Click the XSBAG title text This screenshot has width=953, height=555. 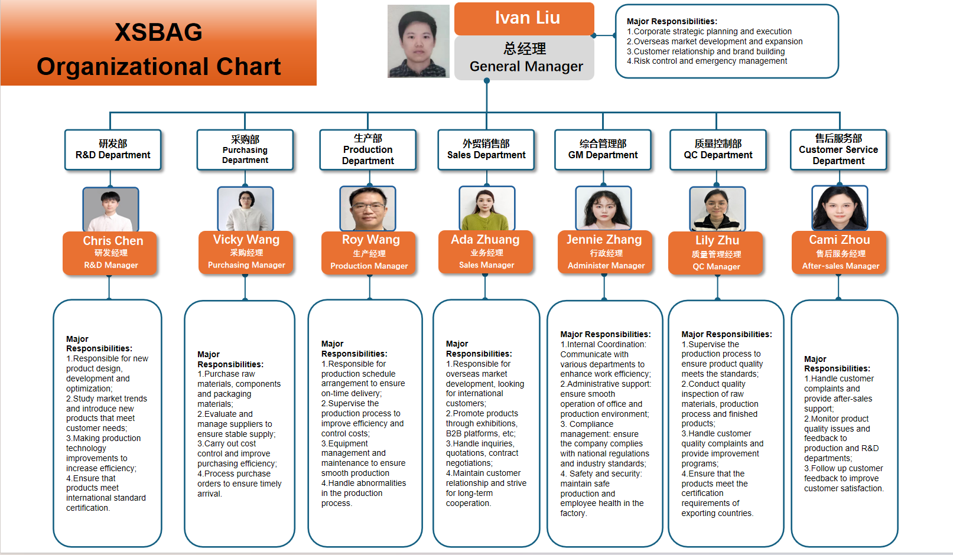click(x=158, y=32)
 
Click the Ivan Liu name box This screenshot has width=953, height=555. click(x=524, y=19)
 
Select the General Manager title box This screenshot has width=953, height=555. click(x=524, y=58)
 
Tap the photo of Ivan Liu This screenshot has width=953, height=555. click(x=418, y=41)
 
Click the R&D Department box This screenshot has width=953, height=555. click(x=113, y=150)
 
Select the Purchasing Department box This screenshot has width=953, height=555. click(x=245, y=150)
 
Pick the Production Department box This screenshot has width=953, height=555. click(x=368, y=150)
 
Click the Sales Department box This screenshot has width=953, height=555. click(x=486, y=150)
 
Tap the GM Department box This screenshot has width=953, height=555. click(x=603, y=150)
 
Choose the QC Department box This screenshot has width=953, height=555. click(x=718, y=150)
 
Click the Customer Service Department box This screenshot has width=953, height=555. click(x=838, y=150)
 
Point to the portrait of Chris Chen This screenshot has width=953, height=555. click(x=110, y=210)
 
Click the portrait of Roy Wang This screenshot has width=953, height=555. click(x=368, y=209)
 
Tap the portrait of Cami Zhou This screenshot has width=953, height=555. click(x=840, y=208)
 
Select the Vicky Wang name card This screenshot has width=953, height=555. click(x=246, y=252)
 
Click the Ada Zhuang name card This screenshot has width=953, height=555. click(x=486, y=252)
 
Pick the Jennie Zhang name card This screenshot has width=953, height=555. click(x=604, y=252)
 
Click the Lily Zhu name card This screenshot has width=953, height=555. click(x=716, y=253)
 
